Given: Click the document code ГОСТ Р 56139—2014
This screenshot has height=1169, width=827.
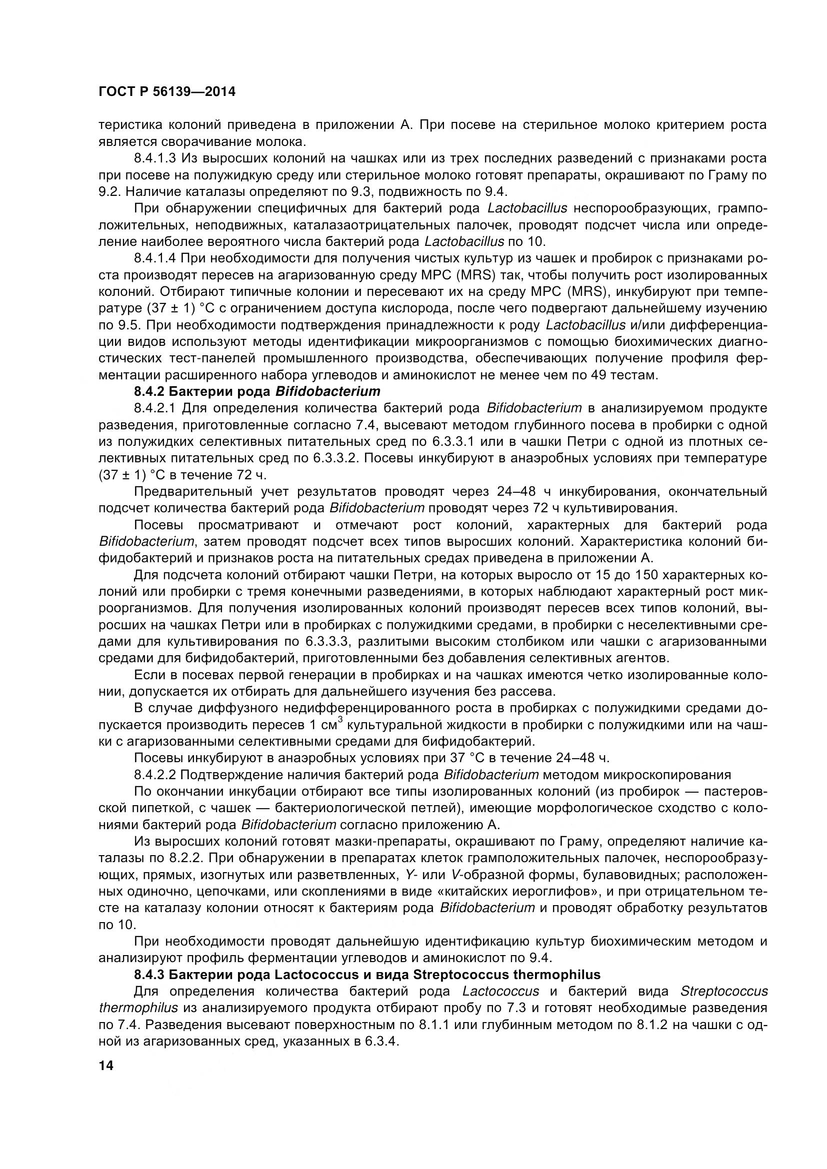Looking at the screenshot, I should click(x=166, y=92).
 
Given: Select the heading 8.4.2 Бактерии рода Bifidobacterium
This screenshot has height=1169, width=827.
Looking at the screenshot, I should click(x=257, y=391).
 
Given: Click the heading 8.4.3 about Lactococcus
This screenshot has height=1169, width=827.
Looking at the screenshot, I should click(x=366, y=975).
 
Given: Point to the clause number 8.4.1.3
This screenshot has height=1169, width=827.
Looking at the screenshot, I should click(x=155, y=158).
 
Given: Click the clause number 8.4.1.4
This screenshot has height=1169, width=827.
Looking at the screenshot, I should click(x=155, y=258).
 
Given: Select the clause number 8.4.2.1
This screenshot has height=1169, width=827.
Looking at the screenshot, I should click(x=155, y=408).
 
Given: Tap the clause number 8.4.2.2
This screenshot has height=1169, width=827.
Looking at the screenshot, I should click(x=155, y=774).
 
